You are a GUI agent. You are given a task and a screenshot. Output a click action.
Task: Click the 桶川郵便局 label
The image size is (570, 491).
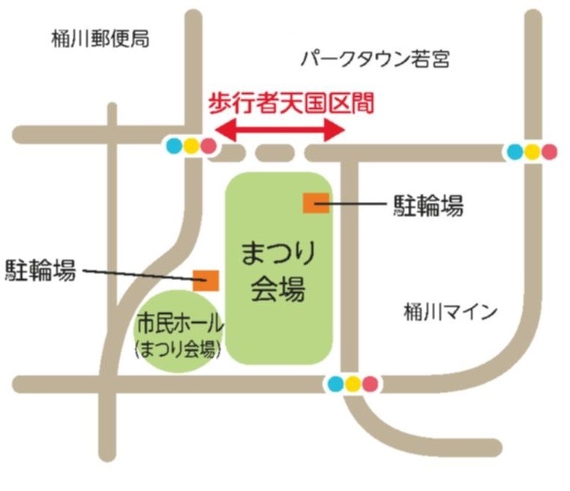[100, 39]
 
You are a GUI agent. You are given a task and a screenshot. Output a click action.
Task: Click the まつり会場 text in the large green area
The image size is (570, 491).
[277, 271]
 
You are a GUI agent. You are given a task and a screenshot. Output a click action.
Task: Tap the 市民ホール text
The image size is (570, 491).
[179, 326]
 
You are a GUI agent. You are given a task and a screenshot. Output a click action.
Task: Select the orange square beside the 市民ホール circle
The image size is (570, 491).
[205, 280]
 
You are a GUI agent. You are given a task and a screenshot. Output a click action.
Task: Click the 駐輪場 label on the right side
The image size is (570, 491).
[428, 205]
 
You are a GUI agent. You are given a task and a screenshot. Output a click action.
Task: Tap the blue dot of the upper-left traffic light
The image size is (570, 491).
[175, 146]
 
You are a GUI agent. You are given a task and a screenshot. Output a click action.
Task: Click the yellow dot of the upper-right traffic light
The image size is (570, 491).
[532, 152]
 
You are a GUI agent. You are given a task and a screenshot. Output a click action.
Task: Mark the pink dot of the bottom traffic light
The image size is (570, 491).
[370, 384]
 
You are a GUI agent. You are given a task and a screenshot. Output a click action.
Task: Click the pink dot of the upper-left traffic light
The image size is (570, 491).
[208, 146]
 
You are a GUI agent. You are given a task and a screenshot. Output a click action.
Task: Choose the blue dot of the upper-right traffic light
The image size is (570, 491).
[514, 152]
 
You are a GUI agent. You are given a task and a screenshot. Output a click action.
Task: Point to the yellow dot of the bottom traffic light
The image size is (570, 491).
[352, 384]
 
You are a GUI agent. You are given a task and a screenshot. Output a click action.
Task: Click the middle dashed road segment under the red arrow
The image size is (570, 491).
[274, 153]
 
